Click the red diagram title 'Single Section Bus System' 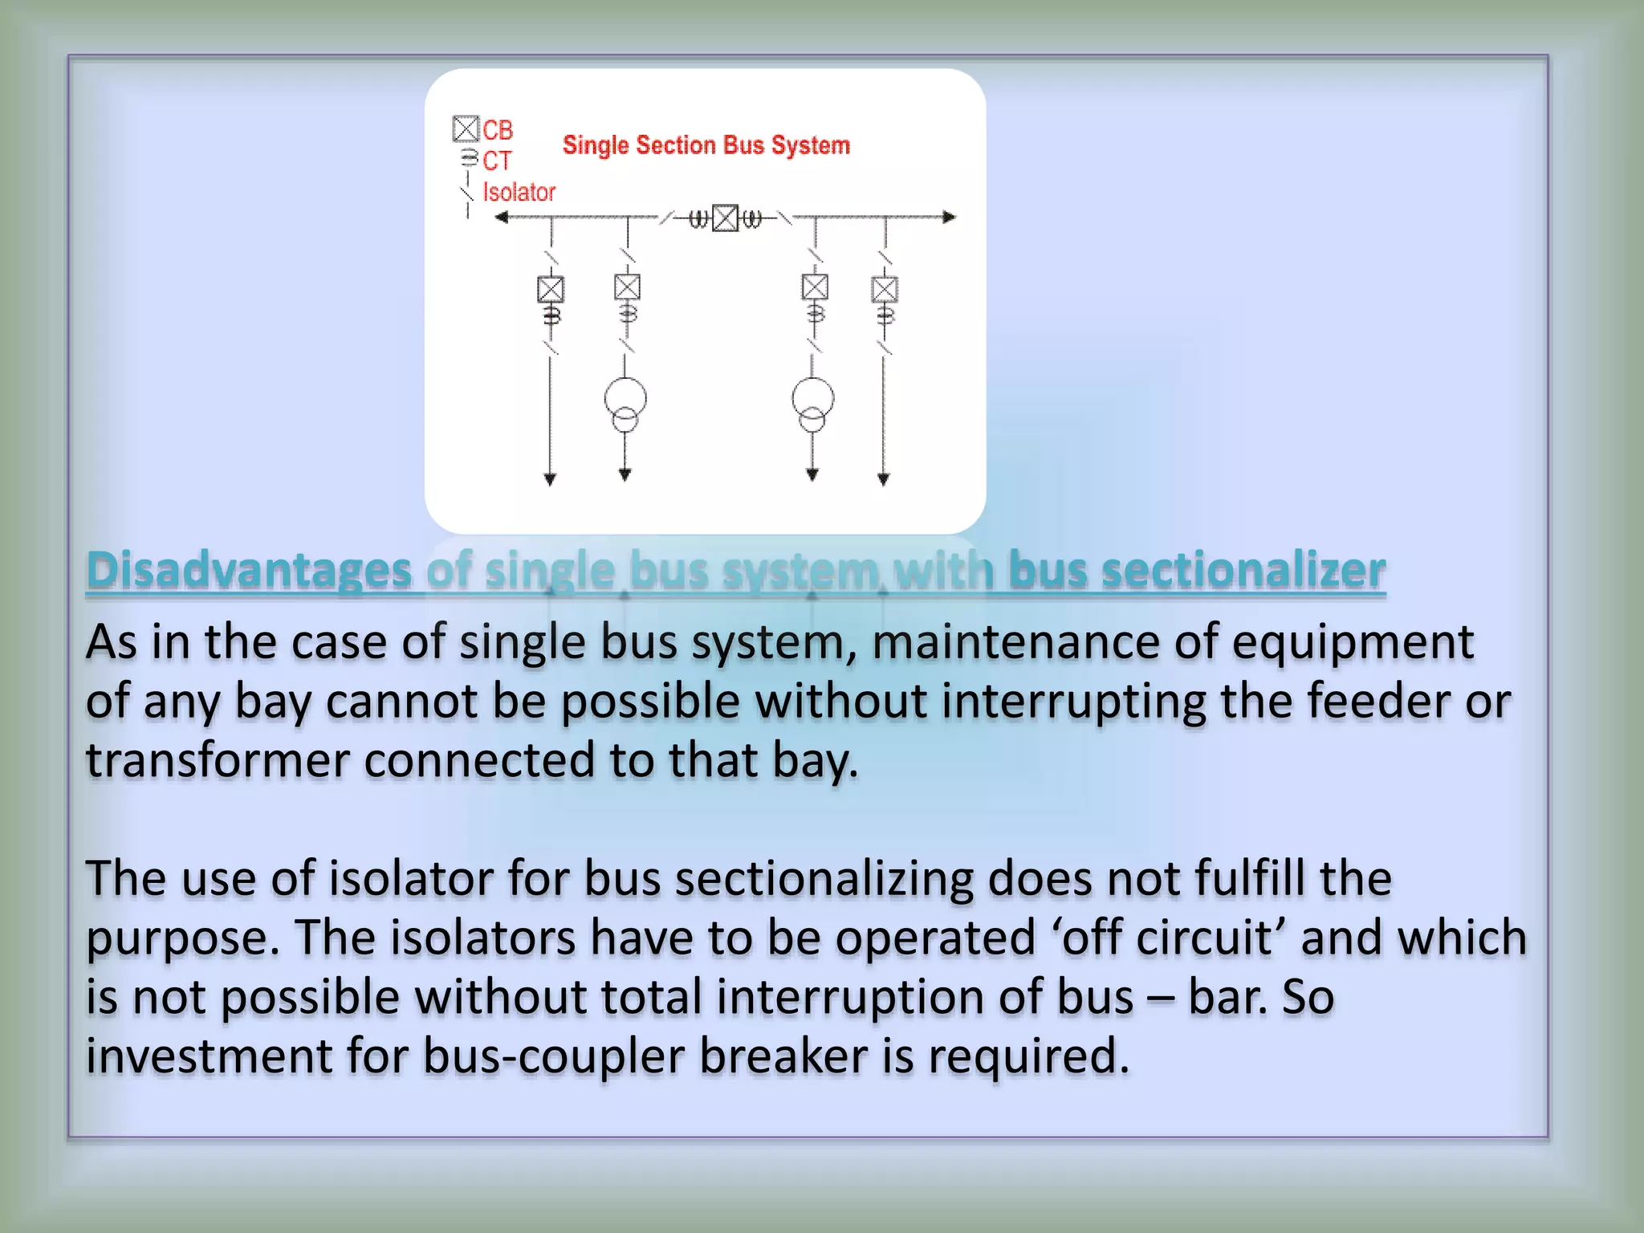706,145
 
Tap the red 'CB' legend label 497,129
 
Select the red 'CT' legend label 496,161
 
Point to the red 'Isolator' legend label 519,193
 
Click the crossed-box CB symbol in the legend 466,128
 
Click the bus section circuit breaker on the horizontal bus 725,218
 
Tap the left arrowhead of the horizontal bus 502,217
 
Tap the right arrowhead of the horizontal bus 950,217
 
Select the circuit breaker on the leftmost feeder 551,289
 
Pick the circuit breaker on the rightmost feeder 885,289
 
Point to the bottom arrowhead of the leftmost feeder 550,480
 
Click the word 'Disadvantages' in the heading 249,571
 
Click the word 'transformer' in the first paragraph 218,760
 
